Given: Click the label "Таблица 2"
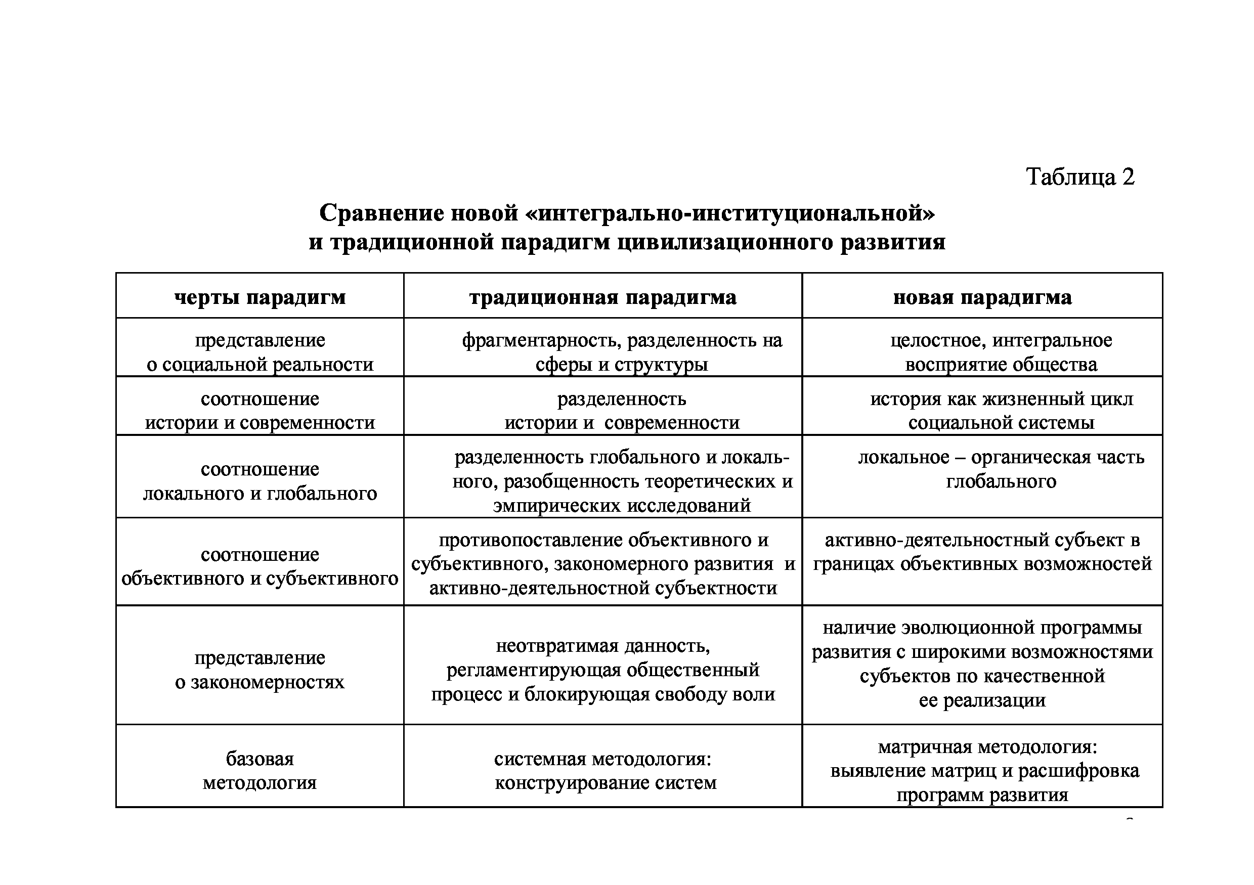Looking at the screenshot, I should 1080,177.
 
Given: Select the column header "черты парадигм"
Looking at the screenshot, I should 260,297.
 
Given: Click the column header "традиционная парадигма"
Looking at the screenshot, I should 602,297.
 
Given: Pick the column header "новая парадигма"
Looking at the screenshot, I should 982,297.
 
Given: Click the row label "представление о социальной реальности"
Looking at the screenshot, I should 260,352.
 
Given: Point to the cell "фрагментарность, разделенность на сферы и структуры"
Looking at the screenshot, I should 622,352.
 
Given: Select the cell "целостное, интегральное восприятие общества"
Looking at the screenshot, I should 1001,352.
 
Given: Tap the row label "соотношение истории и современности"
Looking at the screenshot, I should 260,411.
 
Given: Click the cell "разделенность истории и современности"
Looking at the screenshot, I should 622,411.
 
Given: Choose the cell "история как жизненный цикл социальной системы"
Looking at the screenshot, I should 1001,411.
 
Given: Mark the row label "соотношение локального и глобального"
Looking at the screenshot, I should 260,481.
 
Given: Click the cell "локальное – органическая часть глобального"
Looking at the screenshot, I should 1001,469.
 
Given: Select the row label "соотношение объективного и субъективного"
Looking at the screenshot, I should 260,566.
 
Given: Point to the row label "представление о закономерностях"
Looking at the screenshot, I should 260,670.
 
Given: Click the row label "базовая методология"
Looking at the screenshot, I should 260,770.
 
